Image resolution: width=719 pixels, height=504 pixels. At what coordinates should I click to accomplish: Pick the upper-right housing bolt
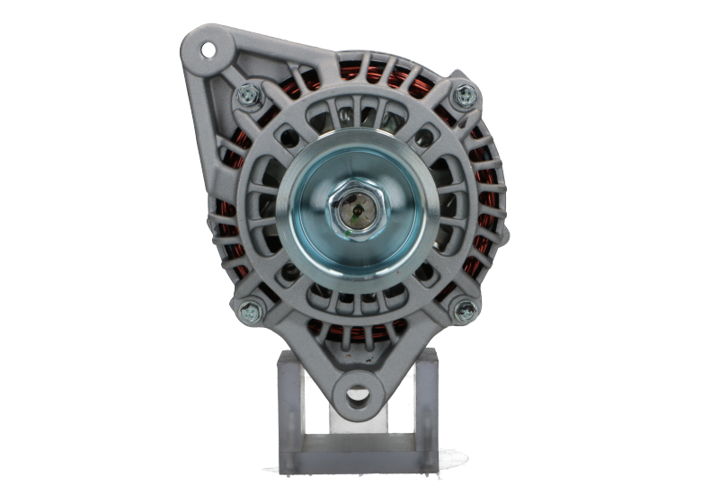point(465,92)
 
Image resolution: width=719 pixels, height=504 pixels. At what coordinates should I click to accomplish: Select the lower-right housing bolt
point(465,311)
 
